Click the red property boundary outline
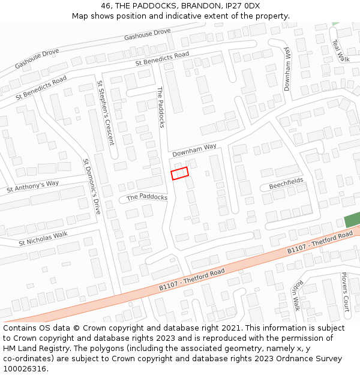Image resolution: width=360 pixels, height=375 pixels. click(179, 173)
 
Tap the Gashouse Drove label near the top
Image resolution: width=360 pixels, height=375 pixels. click(148, 34)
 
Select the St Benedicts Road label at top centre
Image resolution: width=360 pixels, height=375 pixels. click(162, 58)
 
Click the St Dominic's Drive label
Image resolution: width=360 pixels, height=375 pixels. click(92, 187)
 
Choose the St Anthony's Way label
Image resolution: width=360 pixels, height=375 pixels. click(33, 187)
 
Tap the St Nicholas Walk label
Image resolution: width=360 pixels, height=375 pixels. click(43, 238)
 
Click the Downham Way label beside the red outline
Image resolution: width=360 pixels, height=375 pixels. click(194, 150)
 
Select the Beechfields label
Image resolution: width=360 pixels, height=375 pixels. click(286, 184)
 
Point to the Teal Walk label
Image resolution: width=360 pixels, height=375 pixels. click(340, 50)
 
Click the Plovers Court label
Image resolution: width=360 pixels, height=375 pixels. click(345, 292)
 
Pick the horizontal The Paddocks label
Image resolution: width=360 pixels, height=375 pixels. click(147, 197)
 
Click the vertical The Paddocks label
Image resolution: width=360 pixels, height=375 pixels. click(161, 107)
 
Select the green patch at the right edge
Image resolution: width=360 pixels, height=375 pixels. click(352, 220)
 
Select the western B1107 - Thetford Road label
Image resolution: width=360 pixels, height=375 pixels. click(192, 280)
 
